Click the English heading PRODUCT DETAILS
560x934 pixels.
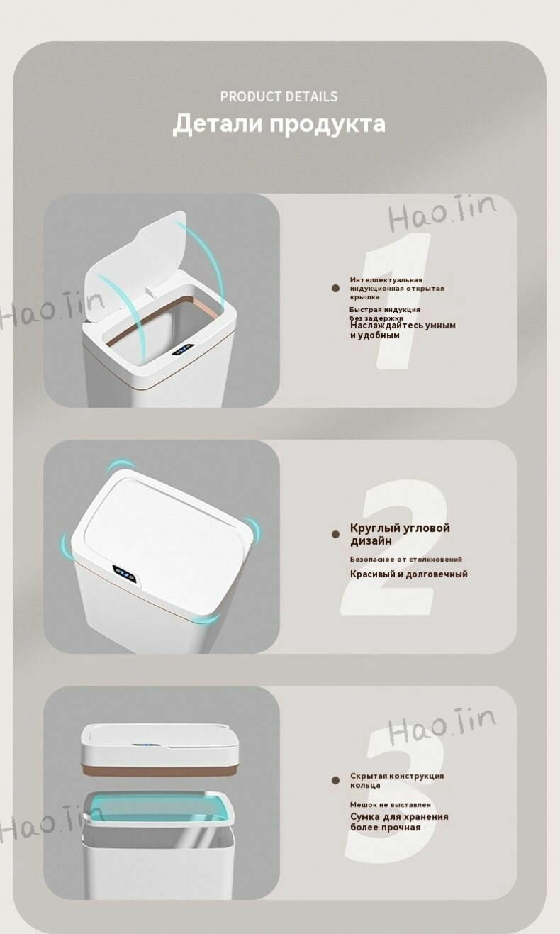coord(279,96)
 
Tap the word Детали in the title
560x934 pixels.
coord(217,124)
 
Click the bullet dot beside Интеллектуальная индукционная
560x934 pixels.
coord(335,288)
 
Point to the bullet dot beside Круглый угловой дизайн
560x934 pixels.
coord(335,534)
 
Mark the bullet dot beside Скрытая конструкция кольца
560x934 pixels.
coord(335,780)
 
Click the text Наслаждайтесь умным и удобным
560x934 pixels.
coord(403,330)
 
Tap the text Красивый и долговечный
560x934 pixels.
coord(409,574)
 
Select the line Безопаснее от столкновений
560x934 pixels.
coord(406,559)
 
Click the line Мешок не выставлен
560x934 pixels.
coord(391,804)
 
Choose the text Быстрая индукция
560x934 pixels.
coord(385,310)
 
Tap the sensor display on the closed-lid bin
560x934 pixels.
coord(125,575)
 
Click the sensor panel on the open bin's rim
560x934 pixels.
coord(183,350)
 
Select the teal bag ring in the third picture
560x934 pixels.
coord(158,809)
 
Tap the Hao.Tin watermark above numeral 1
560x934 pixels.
coord(442,213)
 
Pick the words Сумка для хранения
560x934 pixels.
coord(399,817)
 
